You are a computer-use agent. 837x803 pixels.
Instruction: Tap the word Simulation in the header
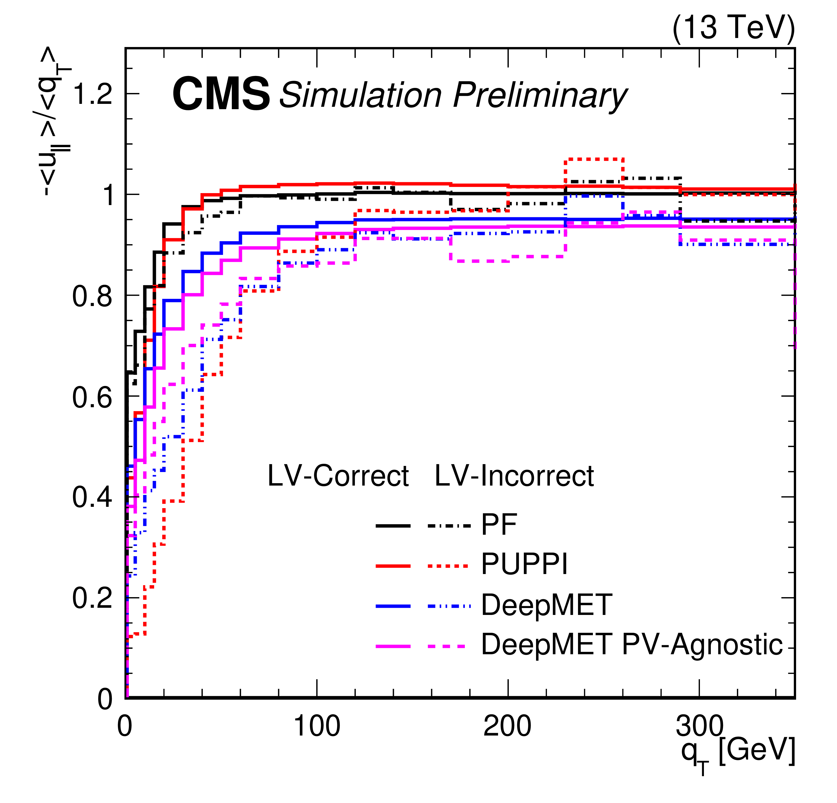tap(360, 95)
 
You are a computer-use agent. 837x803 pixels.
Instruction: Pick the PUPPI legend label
tap(524, 564)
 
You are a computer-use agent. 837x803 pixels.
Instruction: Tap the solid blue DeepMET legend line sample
tap(393, 606)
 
